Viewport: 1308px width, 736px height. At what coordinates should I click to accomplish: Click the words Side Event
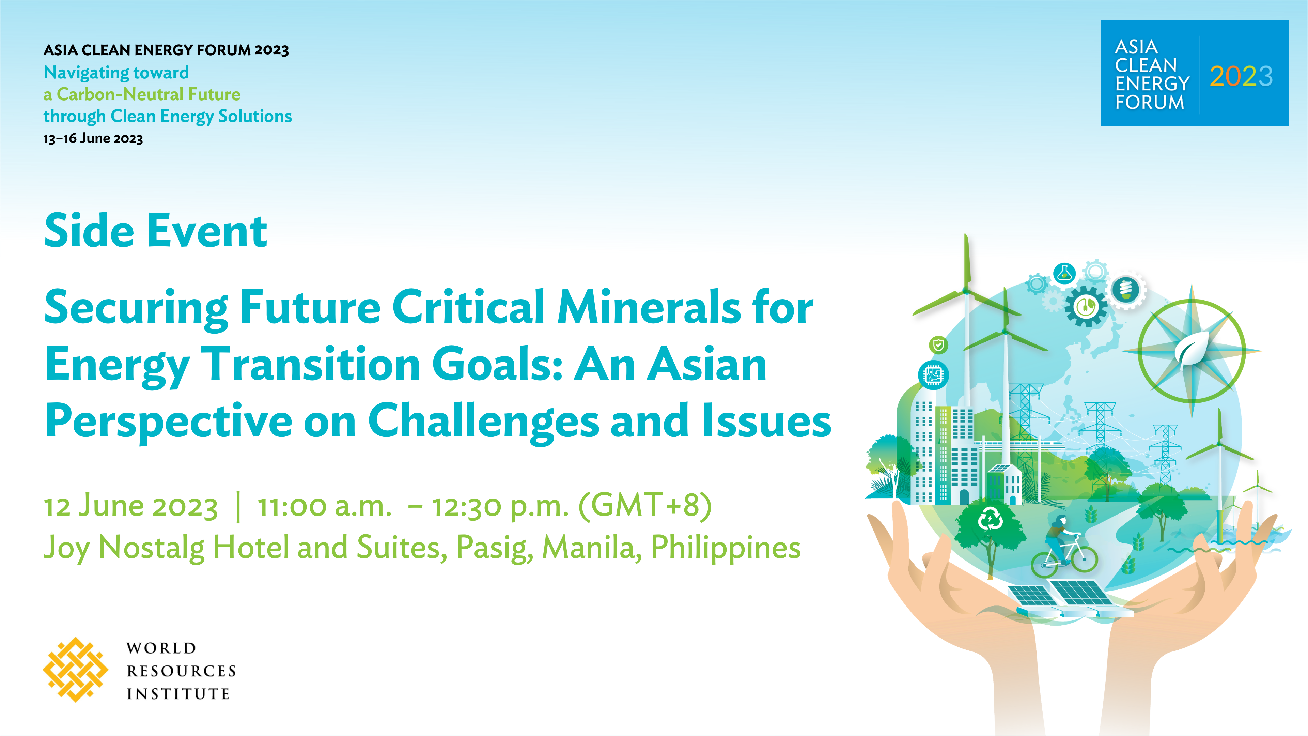(x=155, y=231)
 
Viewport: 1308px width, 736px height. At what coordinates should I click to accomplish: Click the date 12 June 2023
(x=131, y=506)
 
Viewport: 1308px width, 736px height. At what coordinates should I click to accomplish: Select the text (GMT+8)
(x=645, y=506)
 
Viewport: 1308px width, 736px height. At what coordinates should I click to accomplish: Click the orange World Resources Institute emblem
(x=76, y=670)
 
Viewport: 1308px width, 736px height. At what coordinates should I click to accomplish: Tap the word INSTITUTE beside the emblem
(x=178, y=694)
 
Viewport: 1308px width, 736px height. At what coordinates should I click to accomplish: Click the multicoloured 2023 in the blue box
(x=1241, y=77)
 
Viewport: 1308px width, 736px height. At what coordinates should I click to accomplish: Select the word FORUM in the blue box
(x=1150, y=102)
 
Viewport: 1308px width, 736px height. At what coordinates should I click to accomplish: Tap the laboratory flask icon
(x=1064, y=274)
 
